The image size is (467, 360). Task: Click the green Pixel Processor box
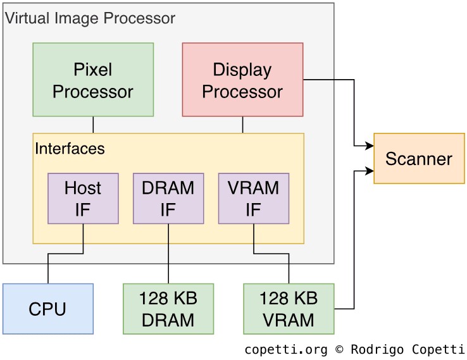[93, 80]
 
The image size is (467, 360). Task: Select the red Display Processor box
[242, 80]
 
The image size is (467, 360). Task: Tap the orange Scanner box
[419, 158]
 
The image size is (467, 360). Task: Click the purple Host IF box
[83, 198]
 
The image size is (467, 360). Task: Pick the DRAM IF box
[168, 198]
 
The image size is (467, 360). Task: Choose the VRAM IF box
[253, 198]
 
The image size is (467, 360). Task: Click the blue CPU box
[47, 309]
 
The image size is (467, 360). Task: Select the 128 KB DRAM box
[168, 309]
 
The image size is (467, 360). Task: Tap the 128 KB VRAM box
[289, 309]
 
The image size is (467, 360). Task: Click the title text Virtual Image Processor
[90, 18]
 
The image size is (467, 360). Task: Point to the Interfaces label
[70, 149]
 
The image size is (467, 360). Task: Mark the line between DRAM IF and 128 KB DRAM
[168, 253]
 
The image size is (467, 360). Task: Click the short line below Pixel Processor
[93, 125]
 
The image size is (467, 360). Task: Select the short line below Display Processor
[242, 125]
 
